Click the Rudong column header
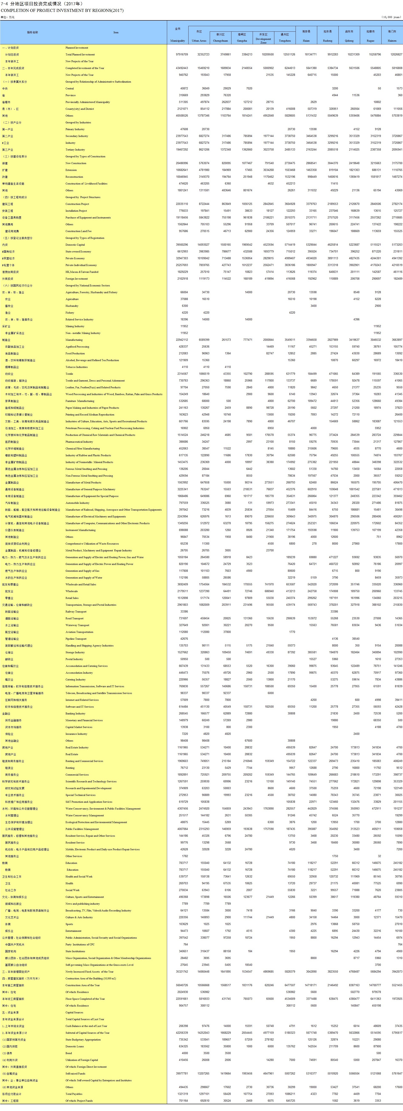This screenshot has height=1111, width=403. click(x=327, y=41)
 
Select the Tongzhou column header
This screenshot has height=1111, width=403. click(x=285, y=41)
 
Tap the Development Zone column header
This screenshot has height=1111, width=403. click(x=263, y=41)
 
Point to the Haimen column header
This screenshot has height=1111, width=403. click(x=392, y=41)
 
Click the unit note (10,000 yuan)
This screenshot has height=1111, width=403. click(x=392, y=17)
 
